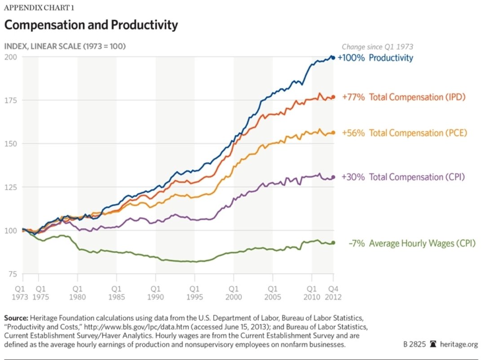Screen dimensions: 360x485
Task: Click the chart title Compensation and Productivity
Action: pos(91,25)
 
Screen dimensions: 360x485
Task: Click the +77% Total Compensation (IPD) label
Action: pos(403,97)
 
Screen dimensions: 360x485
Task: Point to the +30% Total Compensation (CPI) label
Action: pos(403,177)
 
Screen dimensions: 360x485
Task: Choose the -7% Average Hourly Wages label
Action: pos(411,243)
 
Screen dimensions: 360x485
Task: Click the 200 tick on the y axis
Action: pos(10,57)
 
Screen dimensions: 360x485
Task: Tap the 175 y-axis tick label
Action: pos(10,100)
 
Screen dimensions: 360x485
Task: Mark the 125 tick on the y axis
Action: pos(10,187)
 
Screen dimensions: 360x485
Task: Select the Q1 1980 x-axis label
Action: pos(77,292)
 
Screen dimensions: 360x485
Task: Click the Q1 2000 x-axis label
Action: pos(234,292)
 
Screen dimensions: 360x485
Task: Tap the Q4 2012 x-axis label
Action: pos(333,292)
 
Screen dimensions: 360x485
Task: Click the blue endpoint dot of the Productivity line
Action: pos(333,58)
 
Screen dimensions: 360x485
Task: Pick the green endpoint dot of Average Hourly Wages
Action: pos(333,243)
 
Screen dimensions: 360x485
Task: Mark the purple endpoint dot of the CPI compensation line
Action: pos(333,177)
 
